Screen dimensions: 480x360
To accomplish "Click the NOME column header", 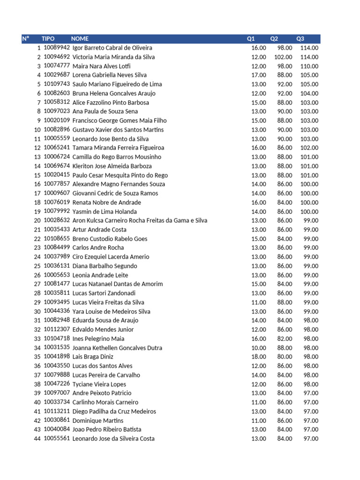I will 80,38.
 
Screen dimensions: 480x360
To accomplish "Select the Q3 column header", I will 300,38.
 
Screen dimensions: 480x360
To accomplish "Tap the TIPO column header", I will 48,38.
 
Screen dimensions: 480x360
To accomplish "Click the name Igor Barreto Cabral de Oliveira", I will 112,48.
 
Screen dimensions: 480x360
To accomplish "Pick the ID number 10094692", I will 57,57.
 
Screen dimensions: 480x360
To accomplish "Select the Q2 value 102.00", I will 283,57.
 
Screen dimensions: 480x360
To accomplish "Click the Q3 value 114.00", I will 309,48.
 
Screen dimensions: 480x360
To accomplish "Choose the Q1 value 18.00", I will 259,357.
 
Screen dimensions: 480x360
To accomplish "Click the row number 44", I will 37,439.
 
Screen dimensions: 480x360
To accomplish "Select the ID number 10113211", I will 57,411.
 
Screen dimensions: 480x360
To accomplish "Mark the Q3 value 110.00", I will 309,66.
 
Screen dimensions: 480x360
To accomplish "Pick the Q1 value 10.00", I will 259,348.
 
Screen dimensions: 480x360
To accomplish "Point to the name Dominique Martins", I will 98,420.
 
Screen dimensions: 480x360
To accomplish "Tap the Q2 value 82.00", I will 285,338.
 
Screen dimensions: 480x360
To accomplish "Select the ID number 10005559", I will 57,139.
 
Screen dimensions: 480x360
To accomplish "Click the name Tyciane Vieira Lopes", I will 99,384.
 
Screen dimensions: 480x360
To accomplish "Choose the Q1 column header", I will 251,38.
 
